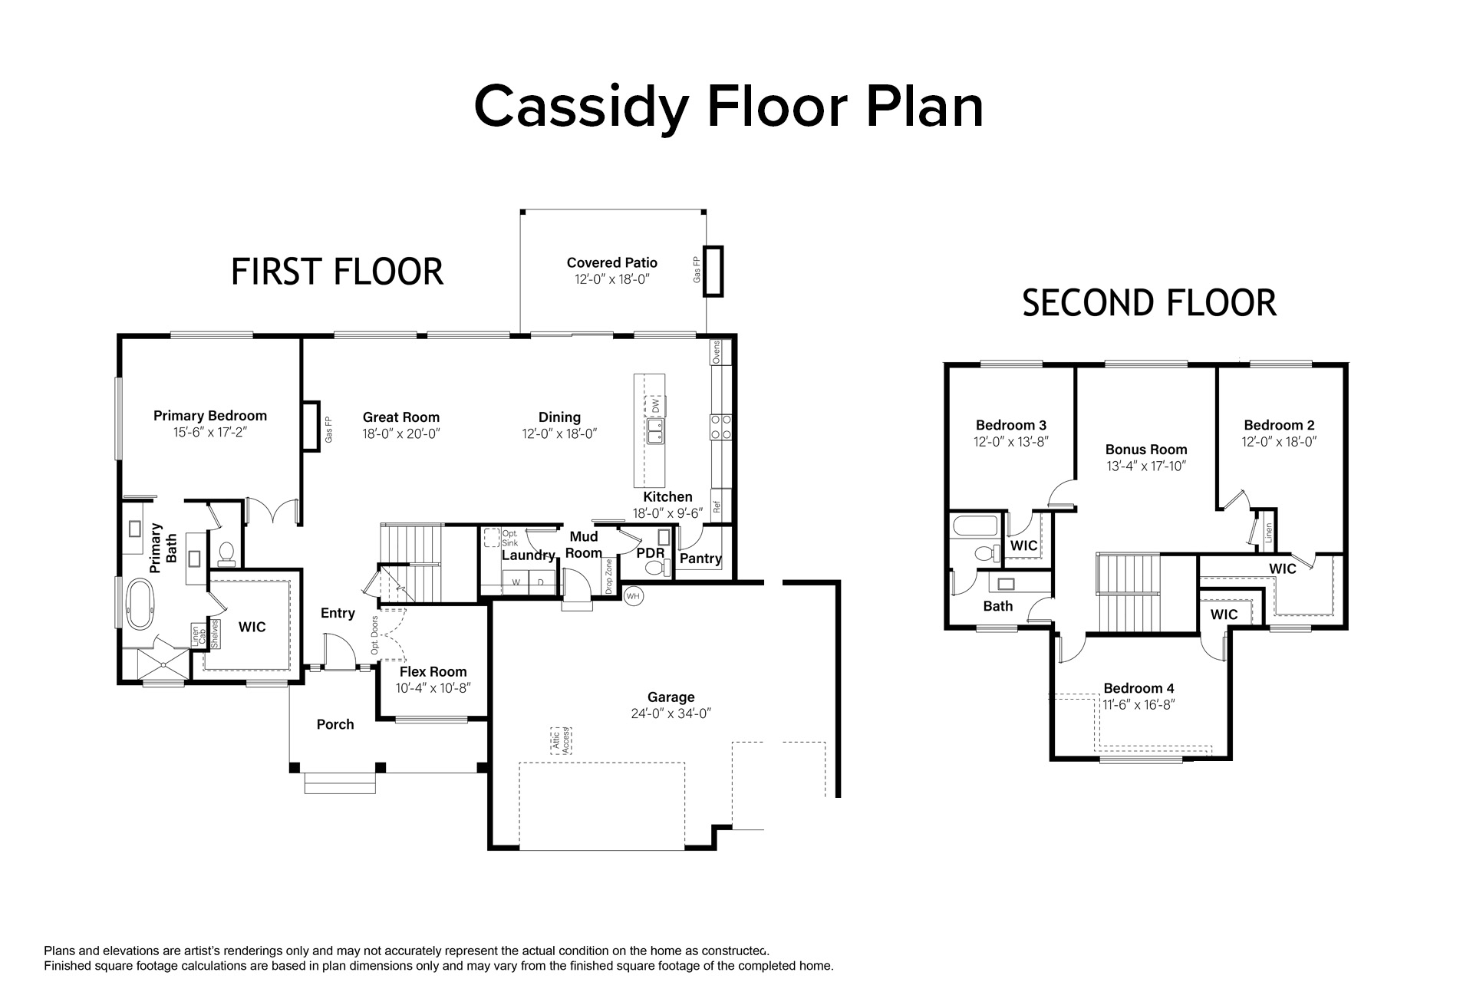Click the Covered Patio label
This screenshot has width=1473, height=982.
612,262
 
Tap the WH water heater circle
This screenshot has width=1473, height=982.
633,595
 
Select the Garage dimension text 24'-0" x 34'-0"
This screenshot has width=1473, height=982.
671,713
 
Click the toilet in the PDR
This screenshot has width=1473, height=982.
656,568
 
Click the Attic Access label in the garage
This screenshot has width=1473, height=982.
562,740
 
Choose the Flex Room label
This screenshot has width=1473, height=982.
433,672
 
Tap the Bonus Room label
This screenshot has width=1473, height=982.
1146,450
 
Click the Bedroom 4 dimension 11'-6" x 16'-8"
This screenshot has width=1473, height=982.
1139,705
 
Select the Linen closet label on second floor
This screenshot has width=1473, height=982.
1269,532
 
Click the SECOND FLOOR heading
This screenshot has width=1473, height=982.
1149,303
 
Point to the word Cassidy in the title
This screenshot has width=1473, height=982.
580,107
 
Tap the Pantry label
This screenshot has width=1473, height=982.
700,559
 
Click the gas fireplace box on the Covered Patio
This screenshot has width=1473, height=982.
713,271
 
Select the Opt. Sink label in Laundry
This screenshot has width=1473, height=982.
510,538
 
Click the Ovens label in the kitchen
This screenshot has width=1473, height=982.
717,352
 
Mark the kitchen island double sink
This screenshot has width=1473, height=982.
656,430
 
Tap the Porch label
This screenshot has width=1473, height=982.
335,724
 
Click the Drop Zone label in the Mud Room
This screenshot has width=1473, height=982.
609,577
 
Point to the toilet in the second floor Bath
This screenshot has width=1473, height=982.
986,552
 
